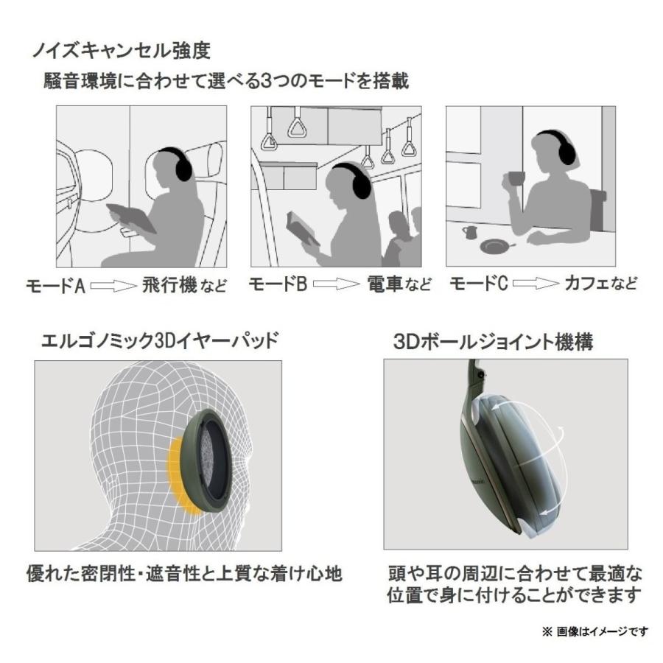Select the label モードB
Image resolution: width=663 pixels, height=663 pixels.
[x=278, y=284]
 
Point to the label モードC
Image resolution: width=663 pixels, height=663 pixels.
[x=477, y=284]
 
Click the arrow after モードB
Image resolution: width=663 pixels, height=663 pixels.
[x=334, y=285]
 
